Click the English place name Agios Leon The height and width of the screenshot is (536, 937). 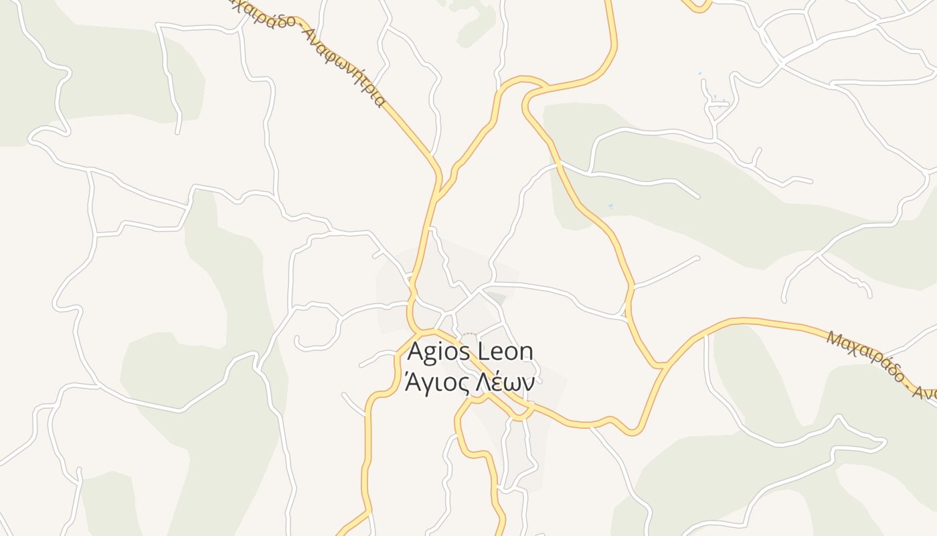(470, 351)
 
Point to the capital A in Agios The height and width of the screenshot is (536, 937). (416, 351)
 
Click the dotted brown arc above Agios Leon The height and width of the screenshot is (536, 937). (471, 334)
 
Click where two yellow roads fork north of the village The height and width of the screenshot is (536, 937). (438, 194)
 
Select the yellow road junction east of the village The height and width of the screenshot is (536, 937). (662, 365)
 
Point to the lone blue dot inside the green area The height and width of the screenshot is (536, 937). (610, 206)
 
